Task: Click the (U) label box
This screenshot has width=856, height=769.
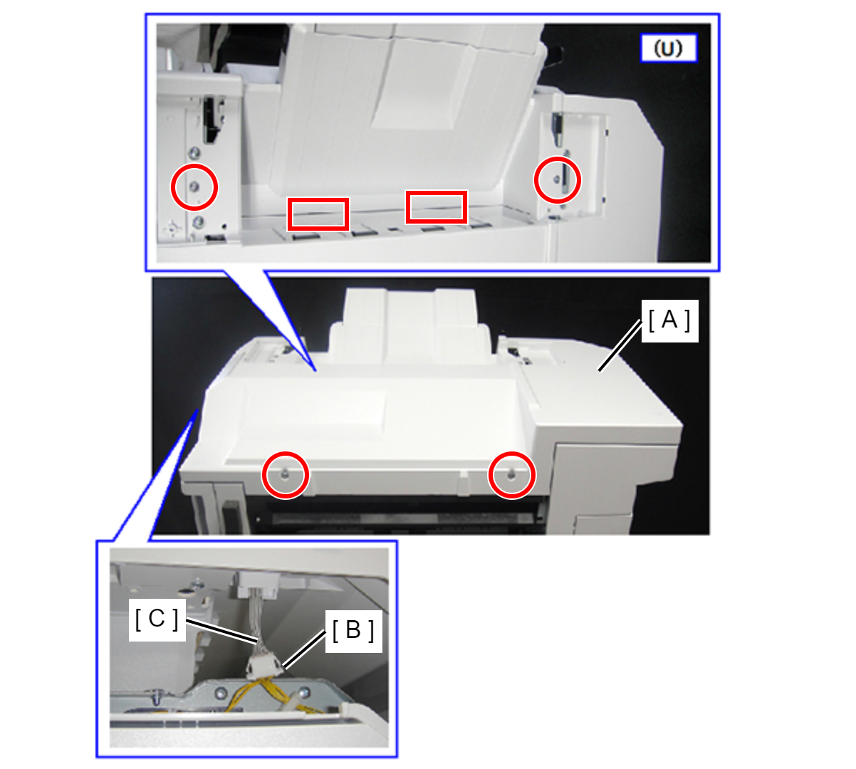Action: point(669,48)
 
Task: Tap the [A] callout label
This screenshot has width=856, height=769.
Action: point(669,320)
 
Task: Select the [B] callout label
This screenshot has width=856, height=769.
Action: point(353,631)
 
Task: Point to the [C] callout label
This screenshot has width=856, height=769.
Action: point(157,619)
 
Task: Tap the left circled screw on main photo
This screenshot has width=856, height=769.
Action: point(285,476)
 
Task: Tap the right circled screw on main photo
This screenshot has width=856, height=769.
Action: point(511,476)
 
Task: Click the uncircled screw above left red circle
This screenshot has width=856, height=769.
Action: point(194,152)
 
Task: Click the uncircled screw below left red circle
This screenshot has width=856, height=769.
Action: point(197,221)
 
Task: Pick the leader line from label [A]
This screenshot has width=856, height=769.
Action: point(620,345)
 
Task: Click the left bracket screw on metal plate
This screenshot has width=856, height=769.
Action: point(221,693)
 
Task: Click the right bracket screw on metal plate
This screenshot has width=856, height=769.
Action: point(304,693)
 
